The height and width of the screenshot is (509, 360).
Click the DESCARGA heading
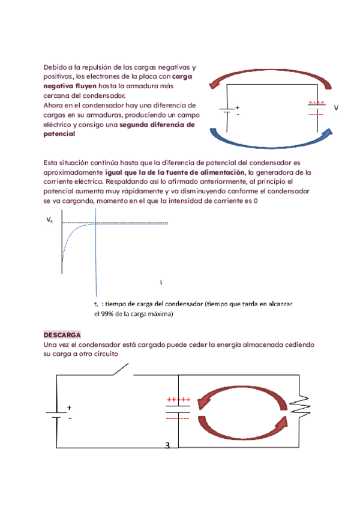point(62,334)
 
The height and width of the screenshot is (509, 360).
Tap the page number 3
point(168,445)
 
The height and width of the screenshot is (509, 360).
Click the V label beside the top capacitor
point(336,107)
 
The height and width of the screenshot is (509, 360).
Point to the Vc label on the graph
point(49,221)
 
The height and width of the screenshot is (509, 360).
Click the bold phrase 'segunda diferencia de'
point(157,125)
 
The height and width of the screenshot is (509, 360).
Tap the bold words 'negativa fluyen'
point(68,86)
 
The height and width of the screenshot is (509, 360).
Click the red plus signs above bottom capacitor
point(178,399)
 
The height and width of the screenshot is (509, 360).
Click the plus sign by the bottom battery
point(69,407)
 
